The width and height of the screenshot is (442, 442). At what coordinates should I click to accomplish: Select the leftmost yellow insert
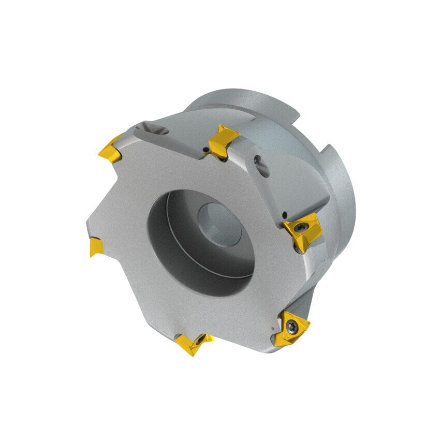tap(96, 246)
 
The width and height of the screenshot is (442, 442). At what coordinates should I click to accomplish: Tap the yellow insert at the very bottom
tap(194, 343)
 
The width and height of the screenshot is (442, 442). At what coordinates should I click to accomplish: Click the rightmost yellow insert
tap(303, 231)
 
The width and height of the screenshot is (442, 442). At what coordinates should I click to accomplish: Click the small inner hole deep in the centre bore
tap(219, 223)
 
